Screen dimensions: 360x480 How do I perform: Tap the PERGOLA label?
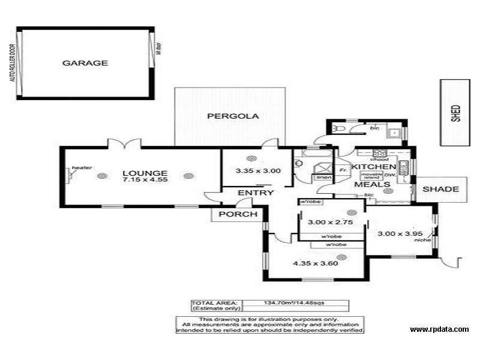[233, 116]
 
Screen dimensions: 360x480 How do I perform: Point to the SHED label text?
[457, 113]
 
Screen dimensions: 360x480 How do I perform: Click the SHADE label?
[440, 189]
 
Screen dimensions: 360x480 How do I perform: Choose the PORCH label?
[238, 214]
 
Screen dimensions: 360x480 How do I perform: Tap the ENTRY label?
[256, 193]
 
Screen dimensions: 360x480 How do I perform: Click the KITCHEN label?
[373, 166]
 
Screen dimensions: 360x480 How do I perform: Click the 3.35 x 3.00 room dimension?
[250, 170]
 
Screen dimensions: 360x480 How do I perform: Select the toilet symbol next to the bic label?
[340, 129]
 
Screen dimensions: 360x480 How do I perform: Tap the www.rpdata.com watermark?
[439, 329]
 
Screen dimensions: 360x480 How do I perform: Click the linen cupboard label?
[322, 178]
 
